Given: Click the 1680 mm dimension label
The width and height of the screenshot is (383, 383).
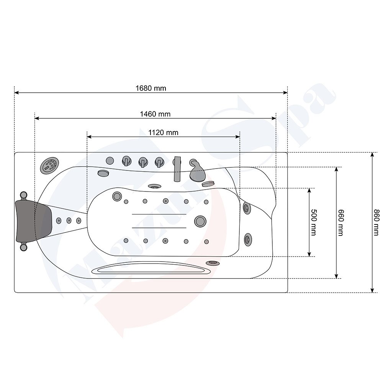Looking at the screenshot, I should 151,88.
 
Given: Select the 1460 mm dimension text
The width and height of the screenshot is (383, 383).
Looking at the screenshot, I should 155,114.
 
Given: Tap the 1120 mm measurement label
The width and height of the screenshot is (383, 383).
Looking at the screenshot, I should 164,133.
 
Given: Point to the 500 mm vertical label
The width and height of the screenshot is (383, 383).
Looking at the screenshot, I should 313,222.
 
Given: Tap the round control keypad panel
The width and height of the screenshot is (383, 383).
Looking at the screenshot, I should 49,166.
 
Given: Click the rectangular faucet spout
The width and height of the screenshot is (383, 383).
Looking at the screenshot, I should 177,169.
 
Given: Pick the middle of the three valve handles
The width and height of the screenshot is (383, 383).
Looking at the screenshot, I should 142,162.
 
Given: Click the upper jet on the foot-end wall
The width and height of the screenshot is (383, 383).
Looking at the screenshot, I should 247,208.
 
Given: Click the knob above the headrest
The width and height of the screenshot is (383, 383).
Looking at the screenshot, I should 24,195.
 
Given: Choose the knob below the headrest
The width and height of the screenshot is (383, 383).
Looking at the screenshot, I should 24,247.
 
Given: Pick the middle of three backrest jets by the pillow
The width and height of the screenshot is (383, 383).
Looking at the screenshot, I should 69,220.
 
